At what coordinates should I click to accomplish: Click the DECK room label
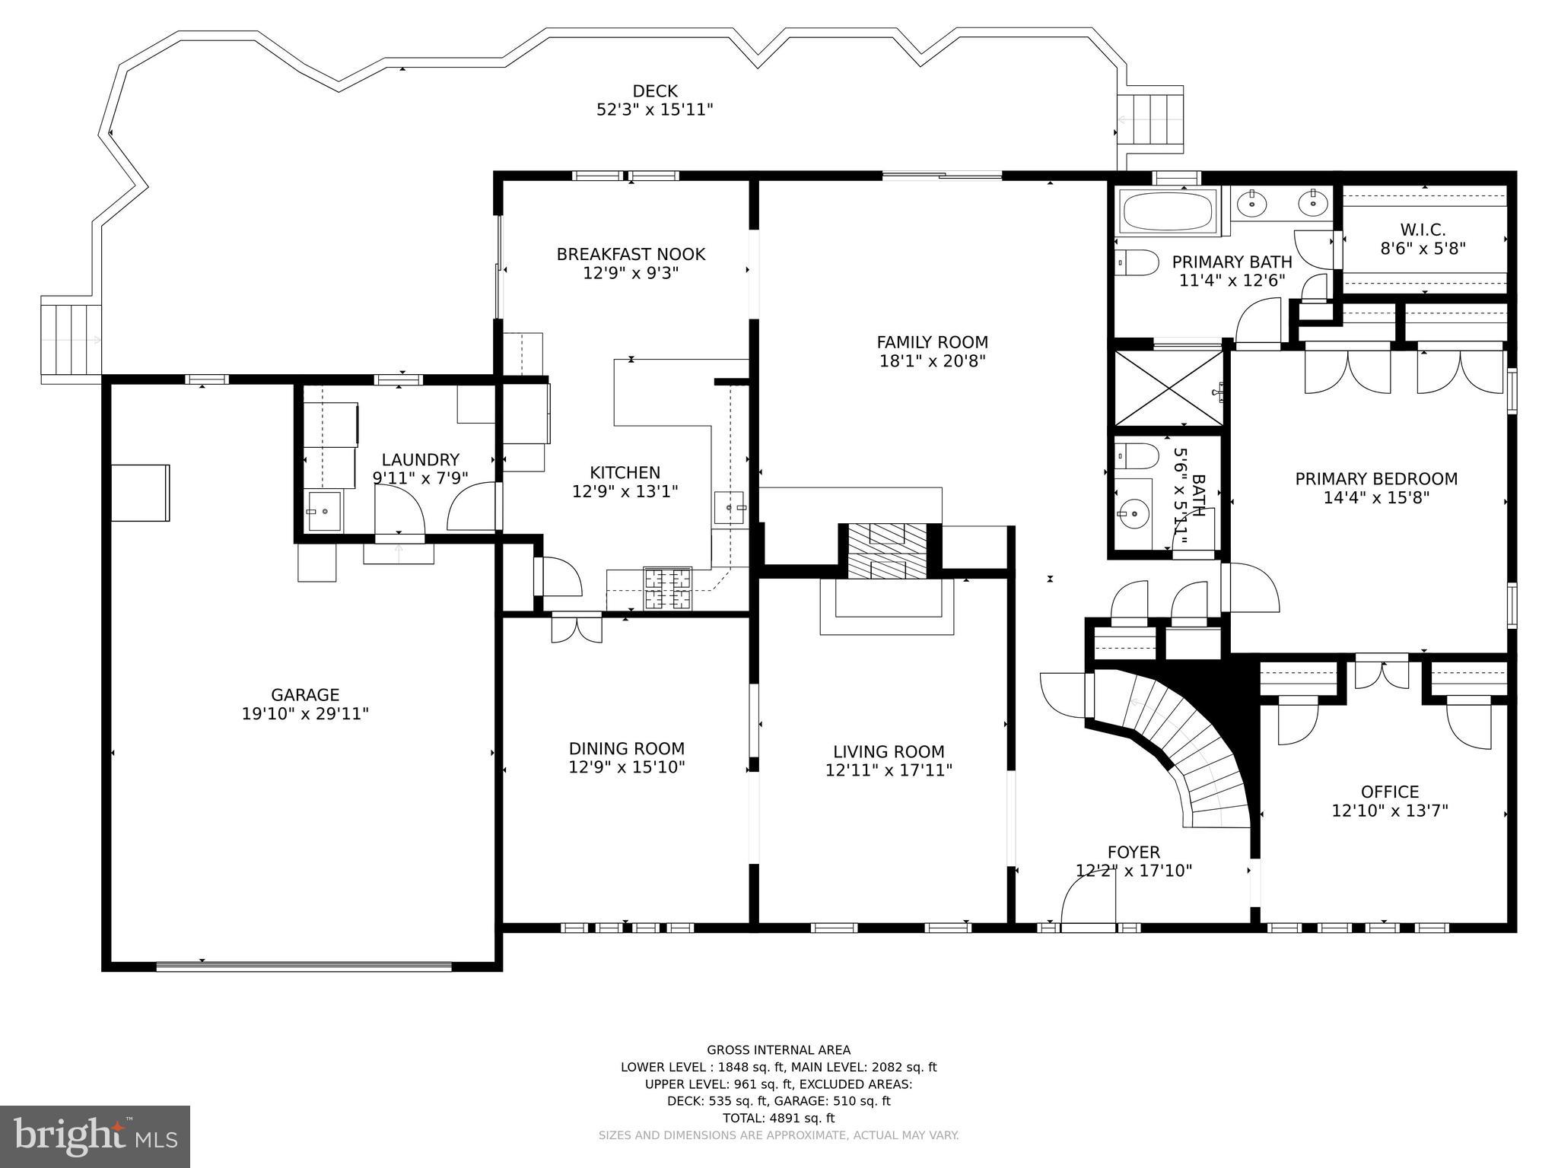click(655, 91)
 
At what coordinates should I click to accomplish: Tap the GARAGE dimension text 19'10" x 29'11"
click(305, 714)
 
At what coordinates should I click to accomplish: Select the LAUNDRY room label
click(420, 460)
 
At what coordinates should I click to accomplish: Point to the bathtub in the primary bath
click(1168, 211)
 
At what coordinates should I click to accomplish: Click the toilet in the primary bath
click(1137, 262)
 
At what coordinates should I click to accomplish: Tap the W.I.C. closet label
click(1423, 229)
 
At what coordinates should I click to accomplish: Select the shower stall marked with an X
click(1168, 388)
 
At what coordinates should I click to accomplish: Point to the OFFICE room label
click(1390, 792)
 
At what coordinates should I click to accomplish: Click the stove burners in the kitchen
click(668, 589)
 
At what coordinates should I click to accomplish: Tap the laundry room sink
click(324, 511)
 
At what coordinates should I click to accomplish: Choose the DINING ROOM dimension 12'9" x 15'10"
click(627, 767)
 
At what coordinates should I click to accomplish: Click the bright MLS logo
click(95, 1136)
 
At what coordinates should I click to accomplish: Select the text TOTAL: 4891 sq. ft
click(778, 1118)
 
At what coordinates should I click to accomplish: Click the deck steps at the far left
click(71, 338)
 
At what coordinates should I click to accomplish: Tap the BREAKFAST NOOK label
click(631, 254)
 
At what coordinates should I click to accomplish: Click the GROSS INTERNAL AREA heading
click(779, 1050)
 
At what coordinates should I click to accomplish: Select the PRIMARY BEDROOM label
click(1376, 479)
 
